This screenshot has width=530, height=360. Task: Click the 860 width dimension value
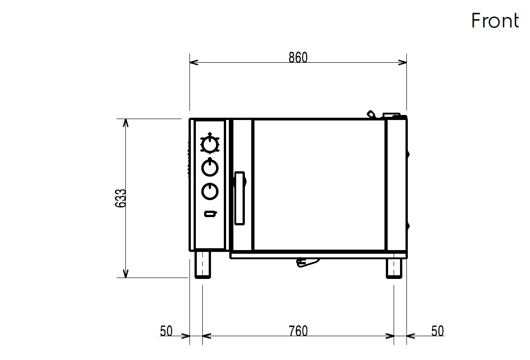[298, 58]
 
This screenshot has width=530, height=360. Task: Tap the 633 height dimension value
[120, 198]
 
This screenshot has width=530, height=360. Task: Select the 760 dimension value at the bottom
[298, 331]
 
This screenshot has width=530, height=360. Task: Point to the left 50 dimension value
[166, 331]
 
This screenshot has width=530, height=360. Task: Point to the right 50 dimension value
[438, 331]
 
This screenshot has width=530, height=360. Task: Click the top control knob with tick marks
[210, 144]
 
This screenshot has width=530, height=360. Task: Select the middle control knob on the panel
[210, 167]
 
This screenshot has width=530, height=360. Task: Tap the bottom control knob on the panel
[210, 191]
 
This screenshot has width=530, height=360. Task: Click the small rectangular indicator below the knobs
[210, 213]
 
